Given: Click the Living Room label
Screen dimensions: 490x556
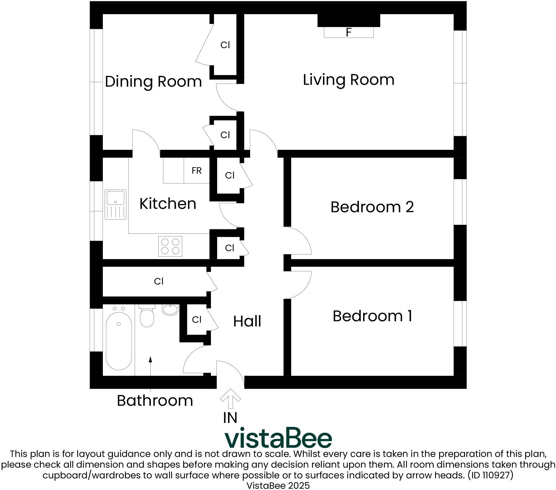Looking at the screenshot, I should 348,80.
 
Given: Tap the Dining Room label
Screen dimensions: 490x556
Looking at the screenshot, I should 153,82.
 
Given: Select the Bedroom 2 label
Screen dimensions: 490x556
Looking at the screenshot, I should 372,207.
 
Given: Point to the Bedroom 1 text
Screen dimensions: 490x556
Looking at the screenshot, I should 372,316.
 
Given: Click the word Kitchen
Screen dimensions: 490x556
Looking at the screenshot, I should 168,204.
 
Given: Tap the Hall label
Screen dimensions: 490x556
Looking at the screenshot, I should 247,322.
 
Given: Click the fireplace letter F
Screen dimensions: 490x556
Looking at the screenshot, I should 348,32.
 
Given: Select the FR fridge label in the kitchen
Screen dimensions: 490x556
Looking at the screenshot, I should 197,171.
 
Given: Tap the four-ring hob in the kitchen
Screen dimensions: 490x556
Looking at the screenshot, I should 170,246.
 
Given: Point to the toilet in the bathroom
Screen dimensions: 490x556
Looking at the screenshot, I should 147,316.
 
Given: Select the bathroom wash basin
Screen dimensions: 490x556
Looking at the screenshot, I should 170,310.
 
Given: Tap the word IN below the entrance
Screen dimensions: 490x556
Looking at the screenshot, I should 230,418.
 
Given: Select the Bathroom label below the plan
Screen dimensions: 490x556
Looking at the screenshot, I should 155,401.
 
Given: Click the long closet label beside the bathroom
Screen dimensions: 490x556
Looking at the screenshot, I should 159,281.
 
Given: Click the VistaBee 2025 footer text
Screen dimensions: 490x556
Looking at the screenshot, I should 278,485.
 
